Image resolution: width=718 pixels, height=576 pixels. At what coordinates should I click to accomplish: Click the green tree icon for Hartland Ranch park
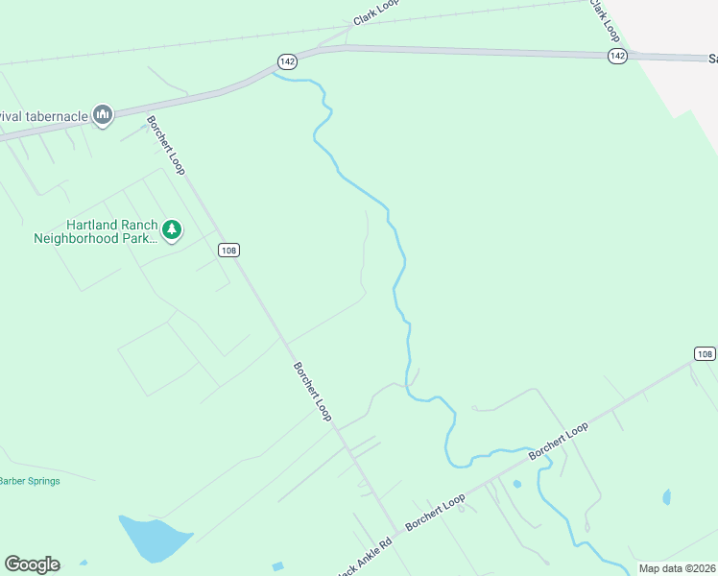[x=172, y=229]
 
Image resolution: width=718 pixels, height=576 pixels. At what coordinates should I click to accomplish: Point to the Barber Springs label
[x=29, y=481]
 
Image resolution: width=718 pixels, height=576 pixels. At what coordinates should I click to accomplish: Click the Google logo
[x=32, y=564]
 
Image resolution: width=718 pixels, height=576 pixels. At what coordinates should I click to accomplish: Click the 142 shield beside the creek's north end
[x=287, y=60]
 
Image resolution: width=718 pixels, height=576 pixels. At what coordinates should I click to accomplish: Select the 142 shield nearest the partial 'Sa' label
[x=617, y=57]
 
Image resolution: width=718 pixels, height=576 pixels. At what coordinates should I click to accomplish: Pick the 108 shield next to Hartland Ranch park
[x=227, y=251]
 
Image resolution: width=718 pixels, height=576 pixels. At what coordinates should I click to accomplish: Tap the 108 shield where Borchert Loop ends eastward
[x=706, y=353]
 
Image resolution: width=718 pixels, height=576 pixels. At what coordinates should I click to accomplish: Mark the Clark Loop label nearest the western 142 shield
[x=375, y=12]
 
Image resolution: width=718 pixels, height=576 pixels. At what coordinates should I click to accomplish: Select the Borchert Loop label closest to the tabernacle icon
[x=165, y=145]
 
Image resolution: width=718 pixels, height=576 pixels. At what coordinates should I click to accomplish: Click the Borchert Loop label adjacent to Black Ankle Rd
[x=435, y=513]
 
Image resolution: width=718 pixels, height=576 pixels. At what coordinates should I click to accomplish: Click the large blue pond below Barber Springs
[x=152, y=540]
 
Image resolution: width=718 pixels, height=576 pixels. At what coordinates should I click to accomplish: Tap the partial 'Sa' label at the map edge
[x=710, y=58]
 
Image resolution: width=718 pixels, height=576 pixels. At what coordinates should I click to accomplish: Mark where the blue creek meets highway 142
[x=275, y=73]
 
